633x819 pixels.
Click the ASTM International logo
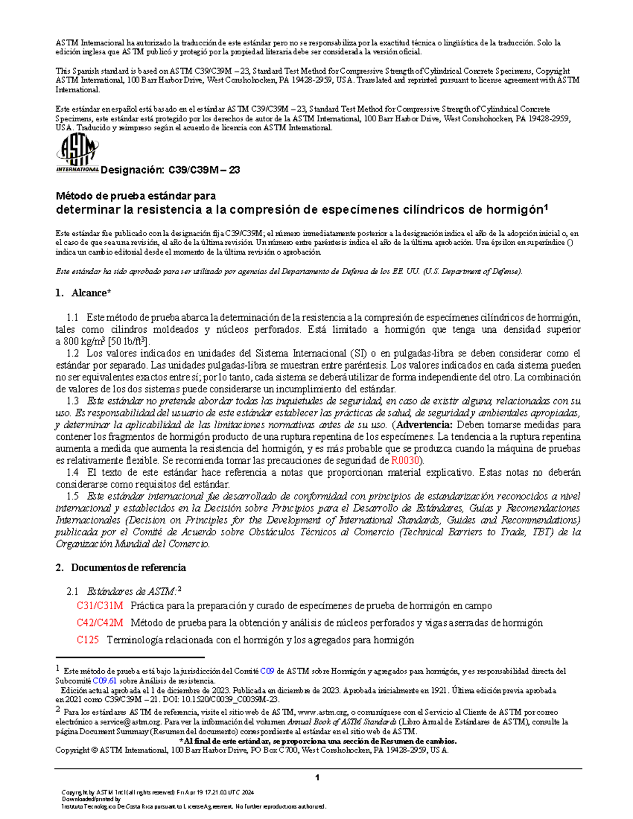(x=77, y=153)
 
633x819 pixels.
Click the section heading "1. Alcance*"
(x=83, y=293)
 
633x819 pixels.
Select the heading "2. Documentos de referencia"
(x=120, y=568)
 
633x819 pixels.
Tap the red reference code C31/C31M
(x=100, y=606)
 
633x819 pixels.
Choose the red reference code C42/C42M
(x=100, y=623)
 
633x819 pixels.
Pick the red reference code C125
(x=88, y=640)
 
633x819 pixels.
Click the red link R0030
(x=405, y=460)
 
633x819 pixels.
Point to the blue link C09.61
(x=104, y=681)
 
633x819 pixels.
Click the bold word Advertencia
(x=424, y=425)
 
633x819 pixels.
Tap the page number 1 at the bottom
(x=317, y=778)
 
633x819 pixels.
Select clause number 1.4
(x=73, y=473)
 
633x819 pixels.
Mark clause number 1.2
(x=73, y=353)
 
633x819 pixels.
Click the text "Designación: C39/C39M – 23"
(x=170, y=170)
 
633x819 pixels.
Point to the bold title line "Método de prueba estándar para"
(x=136, y=196)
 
